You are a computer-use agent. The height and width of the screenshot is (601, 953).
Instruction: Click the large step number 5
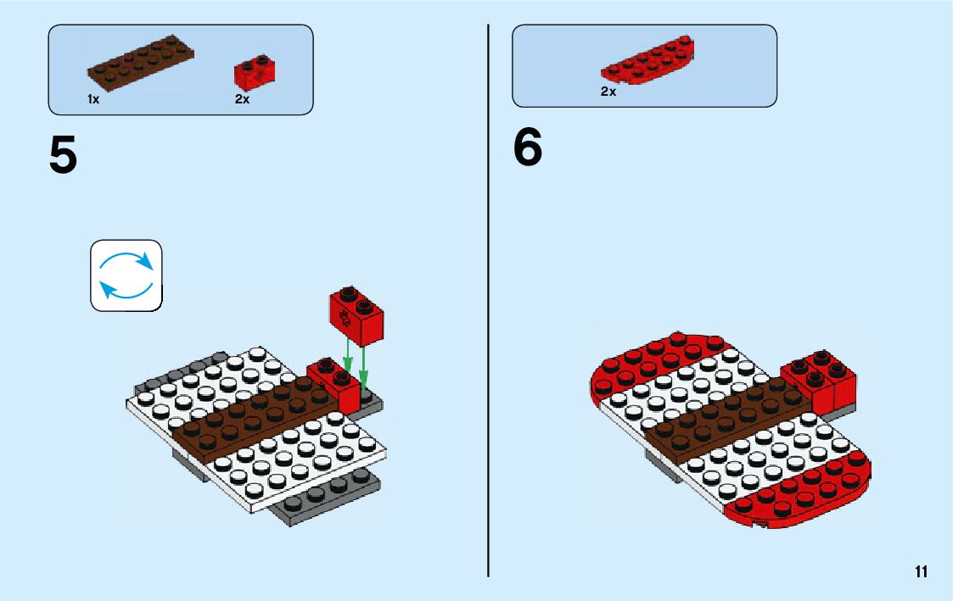63,155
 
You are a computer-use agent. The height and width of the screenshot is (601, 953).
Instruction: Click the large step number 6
527,148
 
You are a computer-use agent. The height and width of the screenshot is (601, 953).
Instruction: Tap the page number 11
921,571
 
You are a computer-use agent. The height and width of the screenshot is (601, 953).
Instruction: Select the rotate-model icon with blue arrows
126,275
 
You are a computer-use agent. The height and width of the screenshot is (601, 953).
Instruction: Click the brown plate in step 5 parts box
140,64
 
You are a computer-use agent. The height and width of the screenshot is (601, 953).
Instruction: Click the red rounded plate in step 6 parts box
648,61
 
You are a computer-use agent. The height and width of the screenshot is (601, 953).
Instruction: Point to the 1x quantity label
93,100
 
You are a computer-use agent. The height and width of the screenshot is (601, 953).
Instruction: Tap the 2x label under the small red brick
242,100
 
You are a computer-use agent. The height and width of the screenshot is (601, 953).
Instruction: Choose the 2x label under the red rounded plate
608,92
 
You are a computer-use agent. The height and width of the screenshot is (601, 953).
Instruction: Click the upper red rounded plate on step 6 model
653,360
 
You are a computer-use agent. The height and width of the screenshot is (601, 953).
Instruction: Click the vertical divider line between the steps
489,339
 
